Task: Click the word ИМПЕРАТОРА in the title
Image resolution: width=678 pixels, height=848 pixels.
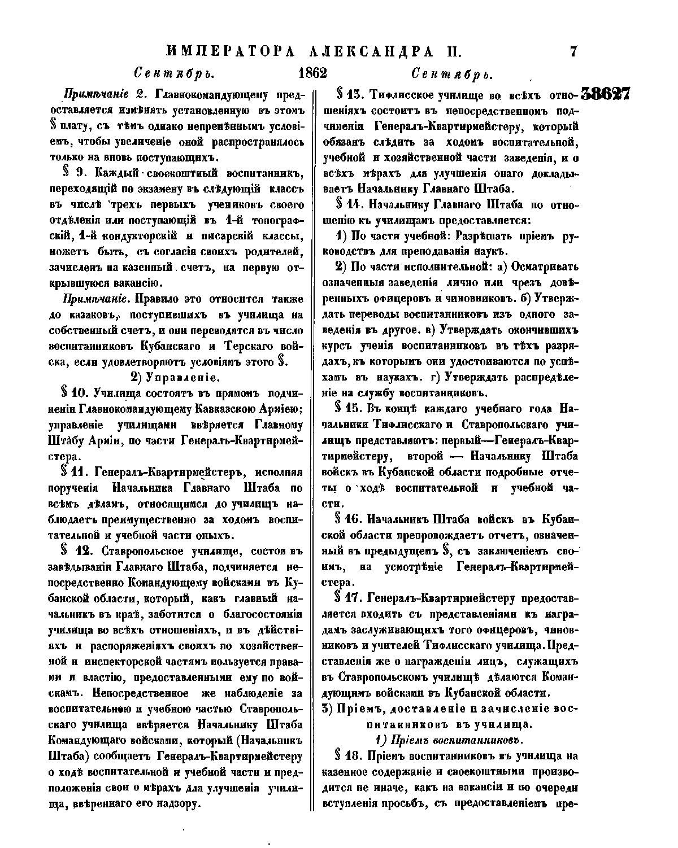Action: click(232, 52)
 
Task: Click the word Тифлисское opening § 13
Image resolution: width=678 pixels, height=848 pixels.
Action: click(404, 94)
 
